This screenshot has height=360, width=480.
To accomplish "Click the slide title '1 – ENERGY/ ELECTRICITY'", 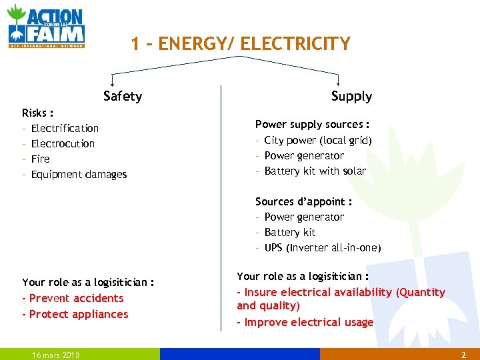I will (240, 44).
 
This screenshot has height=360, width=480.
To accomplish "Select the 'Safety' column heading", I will (123, 97).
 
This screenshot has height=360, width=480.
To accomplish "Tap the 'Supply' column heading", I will (351, 97).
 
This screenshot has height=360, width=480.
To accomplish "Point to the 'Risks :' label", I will (38, 113).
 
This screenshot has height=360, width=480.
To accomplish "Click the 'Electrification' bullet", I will (65, 128).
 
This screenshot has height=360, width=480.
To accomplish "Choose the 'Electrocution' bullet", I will (63, 143).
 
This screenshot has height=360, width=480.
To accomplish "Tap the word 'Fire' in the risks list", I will (40, 159).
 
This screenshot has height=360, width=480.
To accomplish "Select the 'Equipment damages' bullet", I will (79, 174).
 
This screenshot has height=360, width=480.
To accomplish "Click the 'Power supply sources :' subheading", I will (313, 125).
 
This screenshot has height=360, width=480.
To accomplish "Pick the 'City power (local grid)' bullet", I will (318, 140).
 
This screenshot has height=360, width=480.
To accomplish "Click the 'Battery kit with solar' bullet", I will (315, 171).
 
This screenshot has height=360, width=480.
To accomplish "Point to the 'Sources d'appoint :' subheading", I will (303, 201).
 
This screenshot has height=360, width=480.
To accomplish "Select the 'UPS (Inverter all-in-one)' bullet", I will (323, 247).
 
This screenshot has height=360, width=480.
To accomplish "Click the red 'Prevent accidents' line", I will (76, 298).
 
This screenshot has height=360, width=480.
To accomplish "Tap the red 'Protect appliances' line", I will (79, 314).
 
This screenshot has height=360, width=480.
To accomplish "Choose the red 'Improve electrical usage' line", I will (309, 322).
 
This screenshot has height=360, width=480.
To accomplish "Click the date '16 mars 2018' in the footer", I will (56, 355).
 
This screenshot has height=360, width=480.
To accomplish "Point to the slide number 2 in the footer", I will (463, 355).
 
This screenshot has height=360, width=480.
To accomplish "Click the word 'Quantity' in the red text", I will (421, 292).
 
